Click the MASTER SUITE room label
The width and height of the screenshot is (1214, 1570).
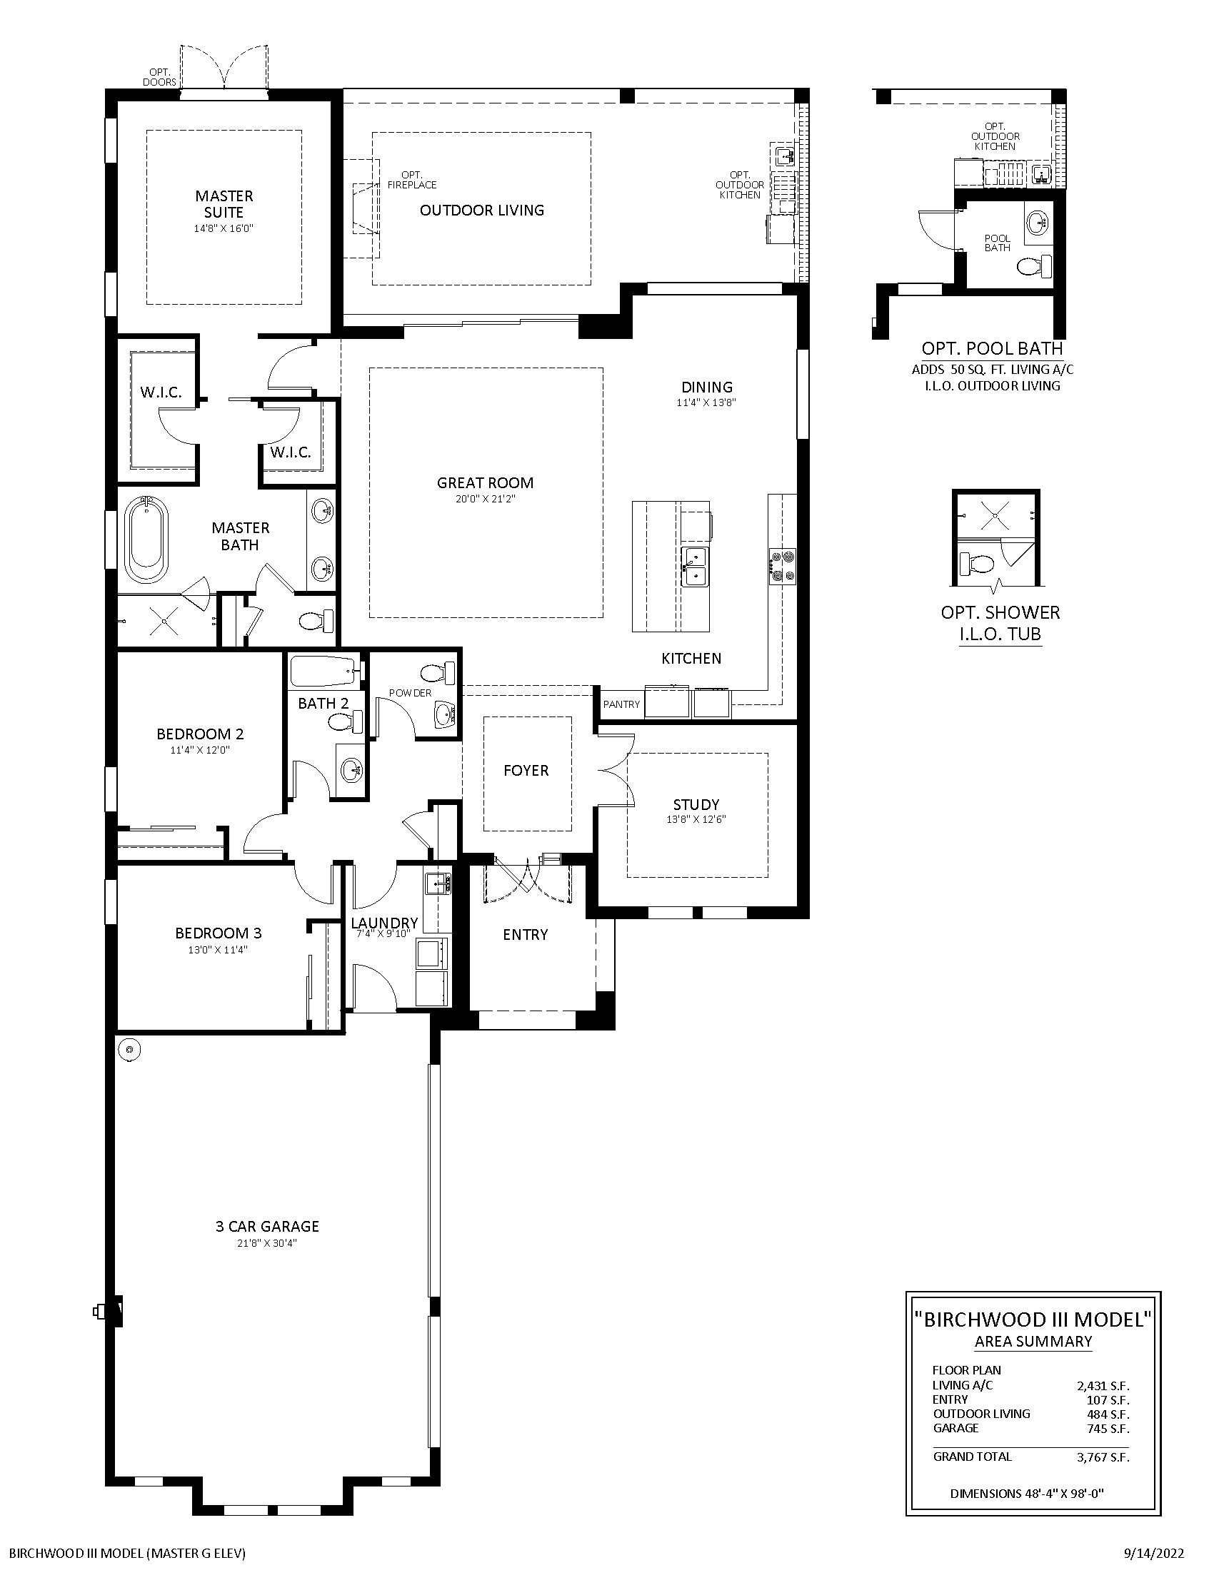point(224,204)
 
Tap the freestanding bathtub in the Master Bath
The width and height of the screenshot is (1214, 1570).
point(148,540)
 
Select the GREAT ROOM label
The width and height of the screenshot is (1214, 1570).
point(486,483)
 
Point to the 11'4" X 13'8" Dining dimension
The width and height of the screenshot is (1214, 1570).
point(706,403)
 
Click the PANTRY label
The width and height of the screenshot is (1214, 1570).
point(621,704)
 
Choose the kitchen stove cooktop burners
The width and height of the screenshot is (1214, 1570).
point(783,566)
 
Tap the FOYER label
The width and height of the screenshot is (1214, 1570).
point(526,771)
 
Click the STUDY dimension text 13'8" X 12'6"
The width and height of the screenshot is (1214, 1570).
point(696,819)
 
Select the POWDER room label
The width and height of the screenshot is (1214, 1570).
point(411,693)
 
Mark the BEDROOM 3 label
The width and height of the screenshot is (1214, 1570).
point(219,933)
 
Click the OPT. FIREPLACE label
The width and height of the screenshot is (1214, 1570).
point(412,180)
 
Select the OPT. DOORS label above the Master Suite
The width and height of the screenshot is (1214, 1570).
point(160,77)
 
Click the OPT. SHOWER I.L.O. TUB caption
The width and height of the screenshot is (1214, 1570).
point(1000,623)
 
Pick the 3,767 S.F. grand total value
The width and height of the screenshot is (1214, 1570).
point(1103,1458)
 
